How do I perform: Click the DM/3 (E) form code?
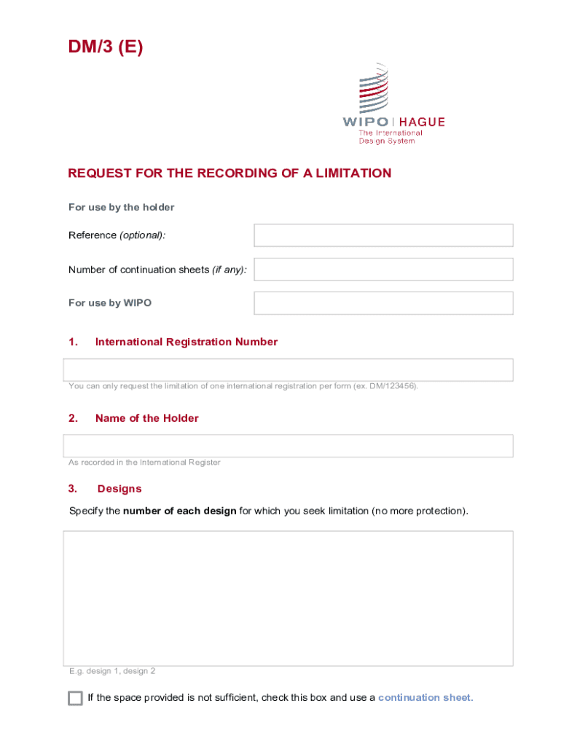pos(106,48)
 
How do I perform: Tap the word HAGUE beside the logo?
pos(421,122)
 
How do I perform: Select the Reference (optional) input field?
pos(383,235)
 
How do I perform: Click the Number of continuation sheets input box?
pos(383,269)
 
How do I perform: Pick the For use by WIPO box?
pos(383,303)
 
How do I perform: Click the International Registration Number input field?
pos(288,370)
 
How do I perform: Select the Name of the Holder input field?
pos(288,446)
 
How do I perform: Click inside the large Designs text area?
pos(288,597)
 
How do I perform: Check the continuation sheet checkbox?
pos(75,698)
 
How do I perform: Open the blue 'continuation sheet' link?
pos(425,698)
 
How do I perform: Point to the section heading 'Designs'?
pos(119,489)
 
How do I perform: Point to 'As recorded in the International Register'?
pos(144,463)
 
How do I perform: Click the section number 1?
pos(73,342)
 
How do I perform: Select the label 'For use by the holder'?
pos(122,208)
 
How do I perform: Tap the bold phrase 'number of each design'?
pos(179,511)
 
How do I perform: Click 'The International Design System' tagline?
pos(390,137)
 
